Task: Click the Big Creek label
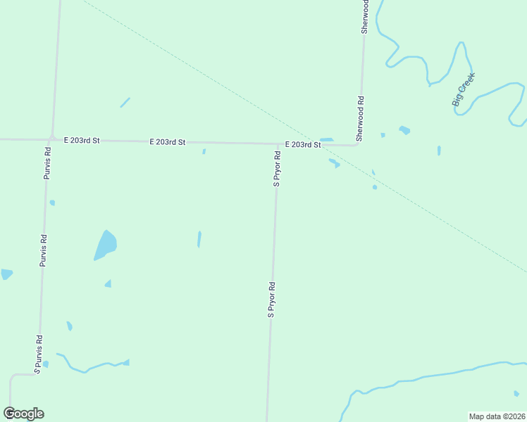coord(463,89)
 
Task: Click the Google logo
coord(24,414)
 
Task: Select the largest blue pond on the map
coord(105,245)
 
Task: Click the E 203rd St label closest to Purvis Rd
coord(82,141)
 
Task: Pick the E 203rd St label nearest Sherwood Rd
coord(303,144)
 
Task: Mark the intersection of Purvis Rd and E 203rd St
coord(52,139)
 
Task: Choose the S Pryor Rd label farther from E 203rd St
coord(271,300)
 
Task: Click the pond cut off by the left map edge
coord(5,274)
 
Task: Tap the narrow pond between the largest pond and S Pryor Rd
coord(199,239)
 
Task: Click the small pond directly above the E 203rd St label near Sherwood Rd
coord(326,139)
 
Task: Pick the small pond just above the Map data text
coord(516,393)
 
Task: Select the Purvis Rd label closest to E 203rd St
coord(47,162)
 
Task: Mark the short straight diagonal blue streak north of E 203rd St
coord(125,103)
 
